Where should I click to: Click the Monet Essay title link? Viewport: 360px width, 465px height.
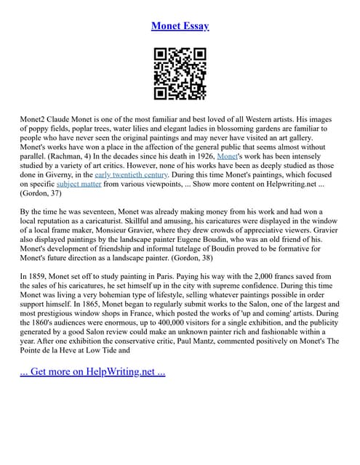pyautogui.click(x=180, y=26)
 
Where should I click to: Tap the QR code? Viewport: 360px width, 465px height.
pyautogui.click(x=180, y=73)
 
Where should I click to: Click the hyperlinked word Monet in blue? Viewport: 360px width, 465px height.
pyautogui.click(x=228, y=155)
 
